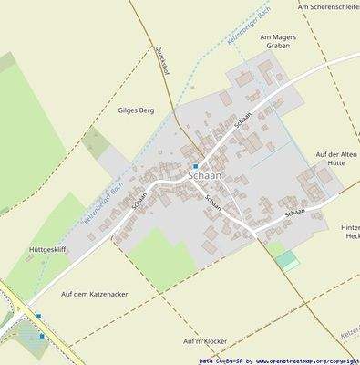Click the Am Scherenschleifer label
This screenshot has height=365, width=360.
click(x=328, y=6)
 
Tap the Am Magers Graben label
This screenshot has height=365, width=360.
click(x=279, y=42)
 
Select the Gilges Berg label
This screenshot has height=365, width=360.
click(x=136, y=110)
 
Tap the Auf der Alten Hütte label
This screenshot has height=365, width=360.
click(x=337, y=161)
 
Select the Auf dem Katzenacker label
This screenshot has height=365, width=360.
click(x=95, y=294)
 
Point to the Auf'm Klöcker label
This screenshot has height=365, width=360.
click(x=204, y=340)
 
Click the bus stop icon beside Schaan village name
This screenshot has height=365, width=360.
click(x=195, y=165)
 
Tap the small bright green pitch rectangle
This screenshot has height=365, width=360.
click(x=288, y=261)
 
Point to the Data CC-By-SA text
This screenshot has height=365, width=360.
click(x=220, y=360)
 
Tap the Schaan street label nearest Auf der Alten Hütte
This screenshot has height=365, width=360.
click(x=294, y=213)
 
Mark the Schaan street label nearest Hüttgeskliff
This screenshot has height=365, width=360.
click(x=139, y=201)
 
